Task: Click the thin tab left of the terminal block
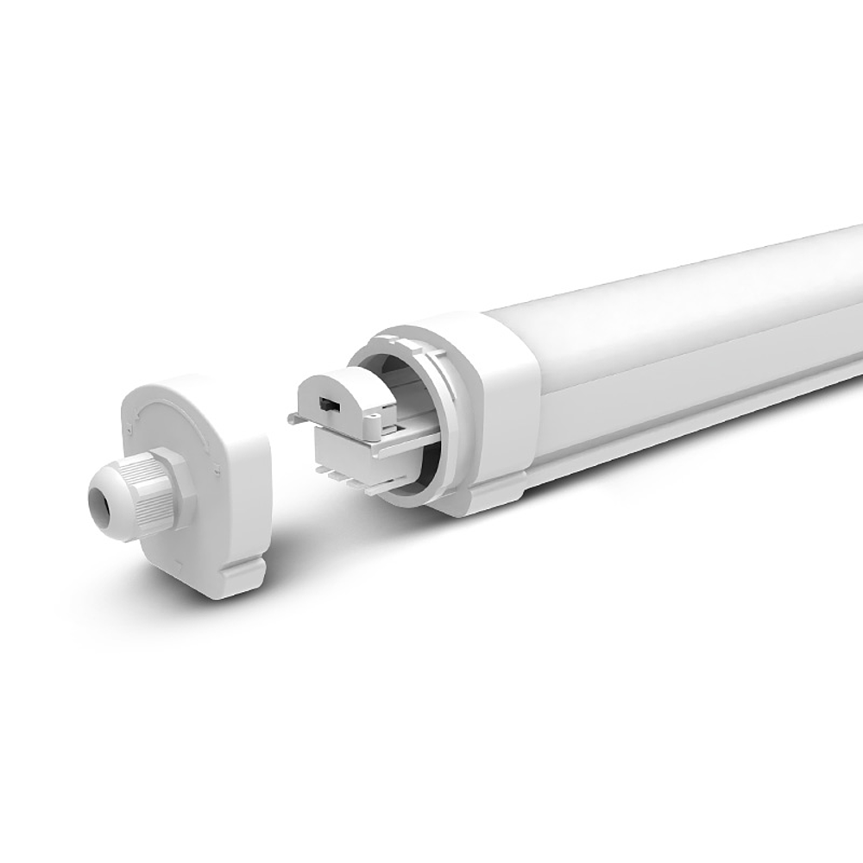tap(293, 419)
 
